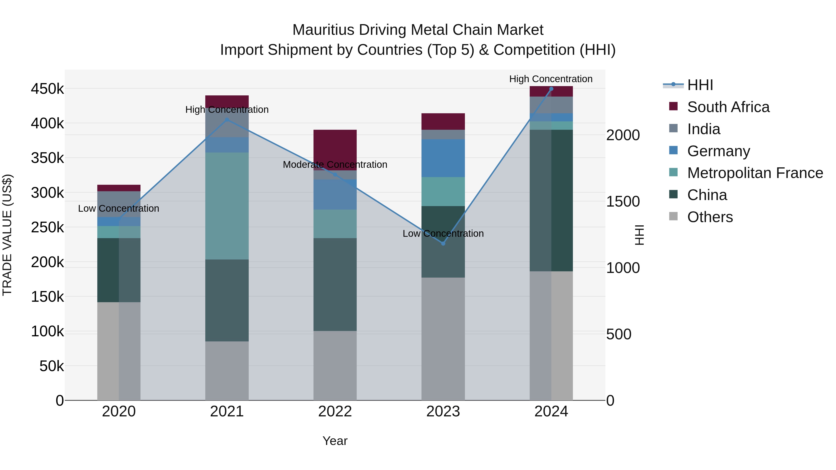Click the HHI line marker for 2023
coord(443,243)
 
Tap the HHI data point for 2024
coord(551,89)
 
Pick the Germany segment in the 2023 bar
coord(443,158)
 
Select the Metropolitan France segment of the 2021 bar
coord(227,206)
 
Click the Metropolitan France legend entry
coord(755,173)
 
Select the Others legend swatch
coord(673,216)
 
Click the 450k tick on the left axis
coord(47,89)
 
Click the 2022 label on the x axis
coord(335,412)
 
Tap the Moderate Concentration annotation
coord(335,165)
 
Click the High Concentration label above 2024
coord(551,79)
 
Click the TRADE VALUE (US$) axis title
coord(7,235)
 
